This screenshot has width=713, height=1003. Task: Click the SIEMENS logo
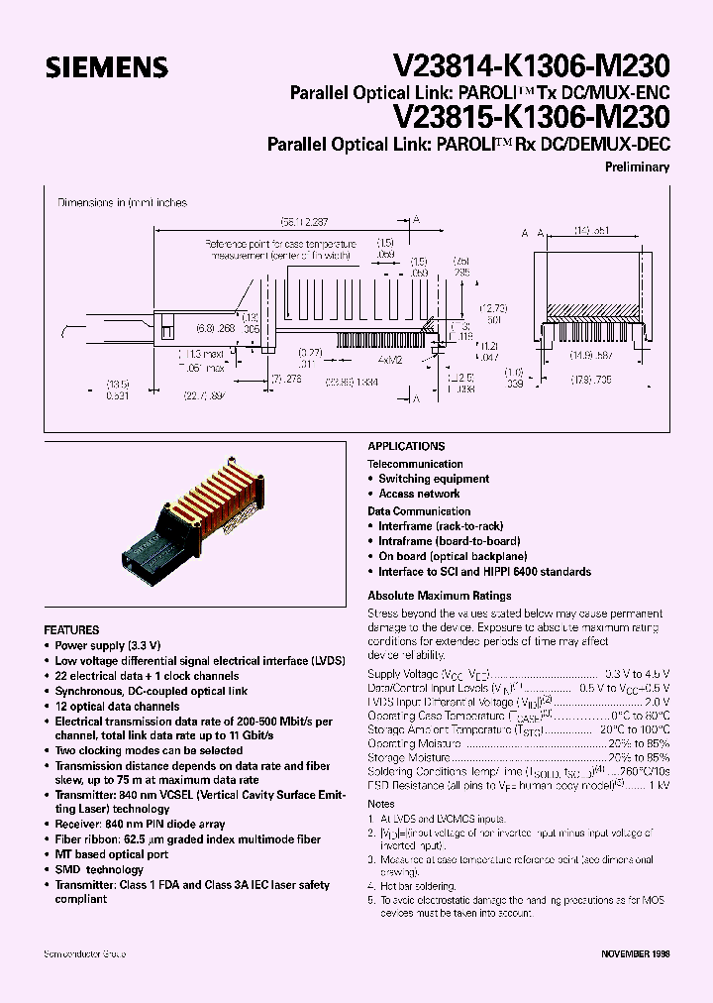(106, 66)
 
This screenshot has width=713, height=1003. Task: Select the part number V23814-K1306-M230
(532, 65)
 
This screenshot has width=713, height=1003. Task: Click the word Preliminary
(637, 167)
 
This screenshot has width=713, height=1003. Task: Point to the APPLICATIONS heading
(406, 447)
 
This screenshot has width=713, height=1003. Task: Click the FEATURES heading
(71, 629)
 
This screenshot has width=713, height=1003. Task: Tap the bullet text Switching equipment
(434, 479)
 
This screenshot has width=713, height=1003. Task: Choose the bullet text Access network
(419, 494)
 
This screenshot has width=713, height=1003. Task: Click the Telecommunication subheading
(415, 463)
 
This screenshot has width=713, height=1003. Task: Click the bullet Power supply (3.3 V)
(104, 644)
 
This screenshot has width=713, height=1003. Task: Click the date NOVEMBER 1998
(636, 952)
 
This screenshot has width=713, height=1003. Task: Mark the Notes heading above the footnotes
(381, 803)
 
